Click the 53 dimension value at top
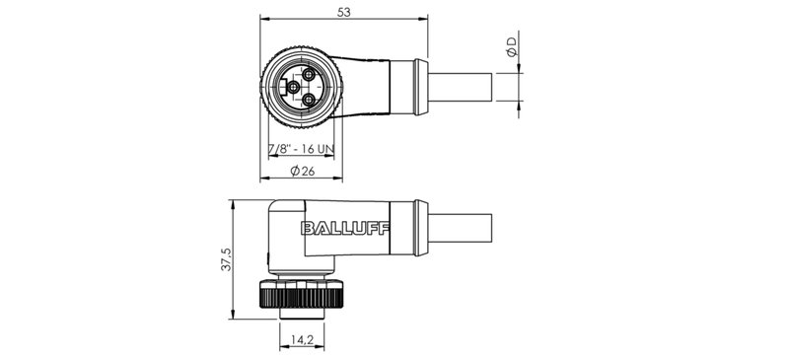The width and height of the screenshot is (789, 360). [342, 11]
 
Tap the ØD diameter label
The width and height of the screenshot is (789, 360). [510, 46]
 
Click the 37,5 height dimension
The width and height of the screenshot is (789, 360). [225, 260]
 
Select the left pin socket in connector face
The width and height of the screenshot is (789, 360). [293, 87]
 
